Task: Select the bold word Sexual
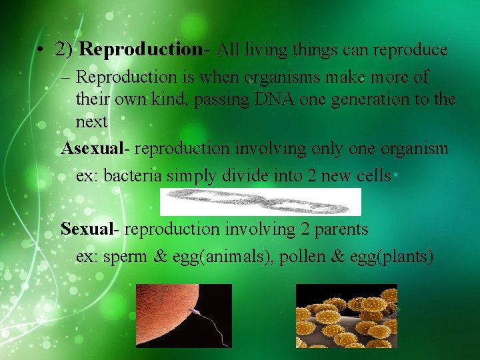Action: coord(87,229)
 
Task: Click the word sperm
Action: coord(125,257)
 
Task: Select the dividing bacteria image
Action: coord(260,201)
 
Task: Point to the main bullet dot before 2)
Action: coord(41,51)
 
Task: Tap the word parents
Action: coord(337,229)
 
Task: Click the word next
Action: coord(91,122)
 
